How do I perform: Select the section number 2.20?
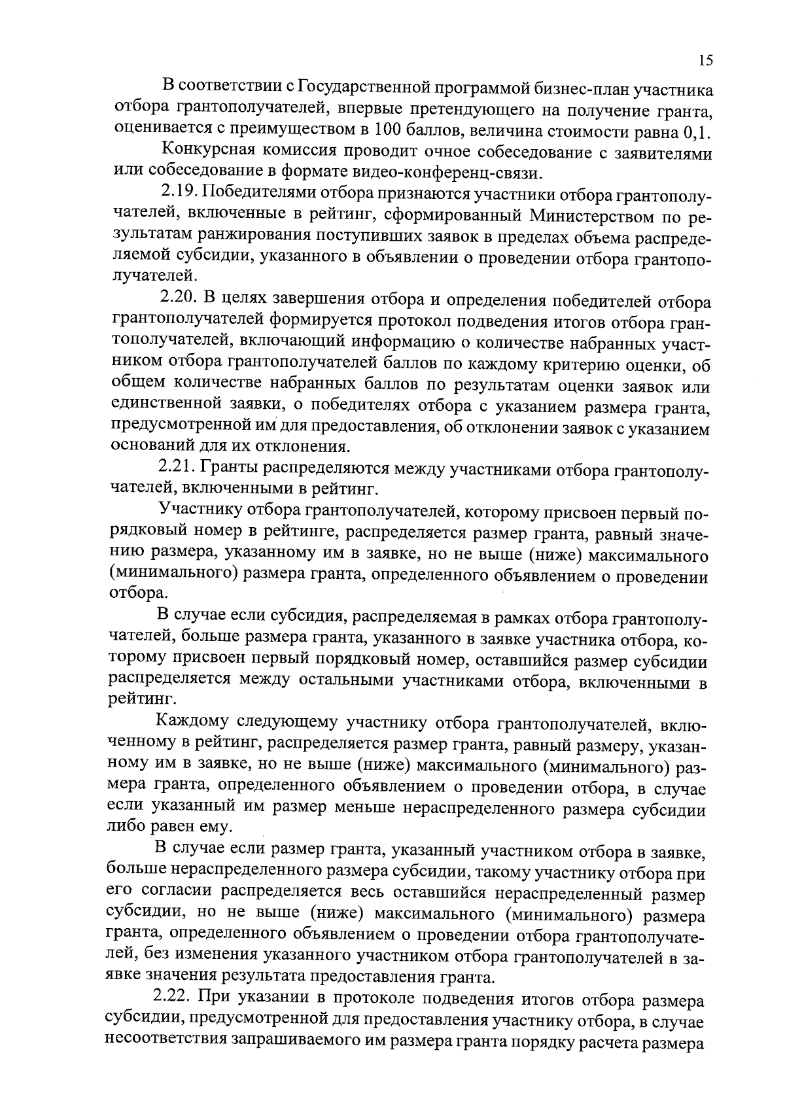coord(179,301)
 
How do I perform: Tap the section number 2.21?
coord(177,468)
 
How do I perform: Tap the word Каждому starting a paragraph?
coord(192,723)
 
